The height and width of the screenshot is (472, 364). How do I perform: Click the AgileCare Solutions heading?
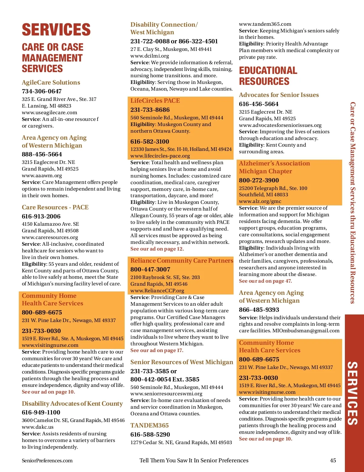51,82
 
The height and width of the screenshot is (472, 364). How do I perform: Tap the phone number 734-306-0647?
42,91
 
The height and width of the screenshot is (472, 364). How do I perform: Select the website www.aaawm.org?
42,175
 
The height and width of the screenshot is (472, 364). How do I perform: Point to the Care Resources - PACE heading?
55,207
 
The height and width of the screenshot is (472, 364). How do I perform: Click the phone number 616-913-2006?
41,216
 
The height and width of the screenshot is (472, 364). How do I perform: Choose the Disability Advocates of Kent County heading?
72,404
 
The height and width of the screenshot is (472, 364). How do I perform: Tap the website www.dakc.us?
38,427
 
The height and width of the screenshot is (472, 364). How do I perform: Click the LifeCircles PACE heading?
155,101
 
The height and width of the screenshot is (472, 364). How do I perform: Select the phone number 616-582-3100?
150,141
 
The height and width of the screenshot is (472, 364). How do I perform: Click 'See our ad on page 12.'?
157,249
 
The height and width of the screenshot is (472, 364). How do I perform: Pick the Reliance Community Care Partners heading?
182,261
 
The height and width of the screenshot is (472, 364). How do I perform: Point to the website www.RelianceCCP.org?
157,291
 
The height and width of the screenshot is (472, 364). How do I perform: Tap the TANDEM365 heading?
150,425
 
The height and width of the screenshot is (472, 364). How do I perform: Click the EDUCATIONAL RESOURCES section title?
268,76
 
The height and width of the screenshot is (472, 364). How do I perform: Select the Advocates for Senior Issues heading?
279,95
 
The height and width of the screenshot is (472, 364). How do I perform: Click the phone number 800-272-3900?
259,180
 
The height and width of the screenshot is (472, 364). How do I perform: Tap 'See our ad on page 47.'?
265,281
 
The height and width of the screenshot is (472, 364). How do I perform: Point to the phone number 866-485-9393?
259,310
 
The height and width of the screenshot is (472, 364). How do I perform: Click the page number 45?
333,460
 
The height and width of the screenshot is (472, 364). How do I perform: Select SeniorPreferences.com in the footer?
47,460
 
